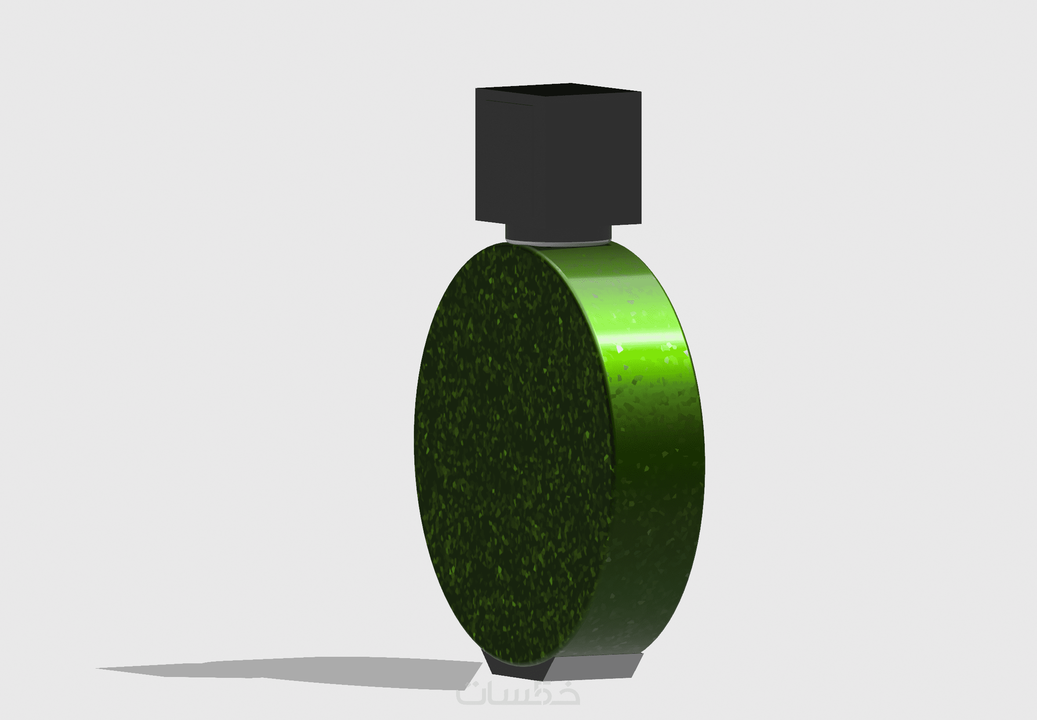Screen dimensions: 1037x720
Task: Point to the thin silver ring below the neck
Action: [558, 244]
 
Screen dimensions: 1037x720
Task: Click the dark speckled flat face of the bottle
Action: [514, 454]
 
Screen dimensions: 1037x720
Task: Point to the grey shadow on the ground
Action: [289, 673]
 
